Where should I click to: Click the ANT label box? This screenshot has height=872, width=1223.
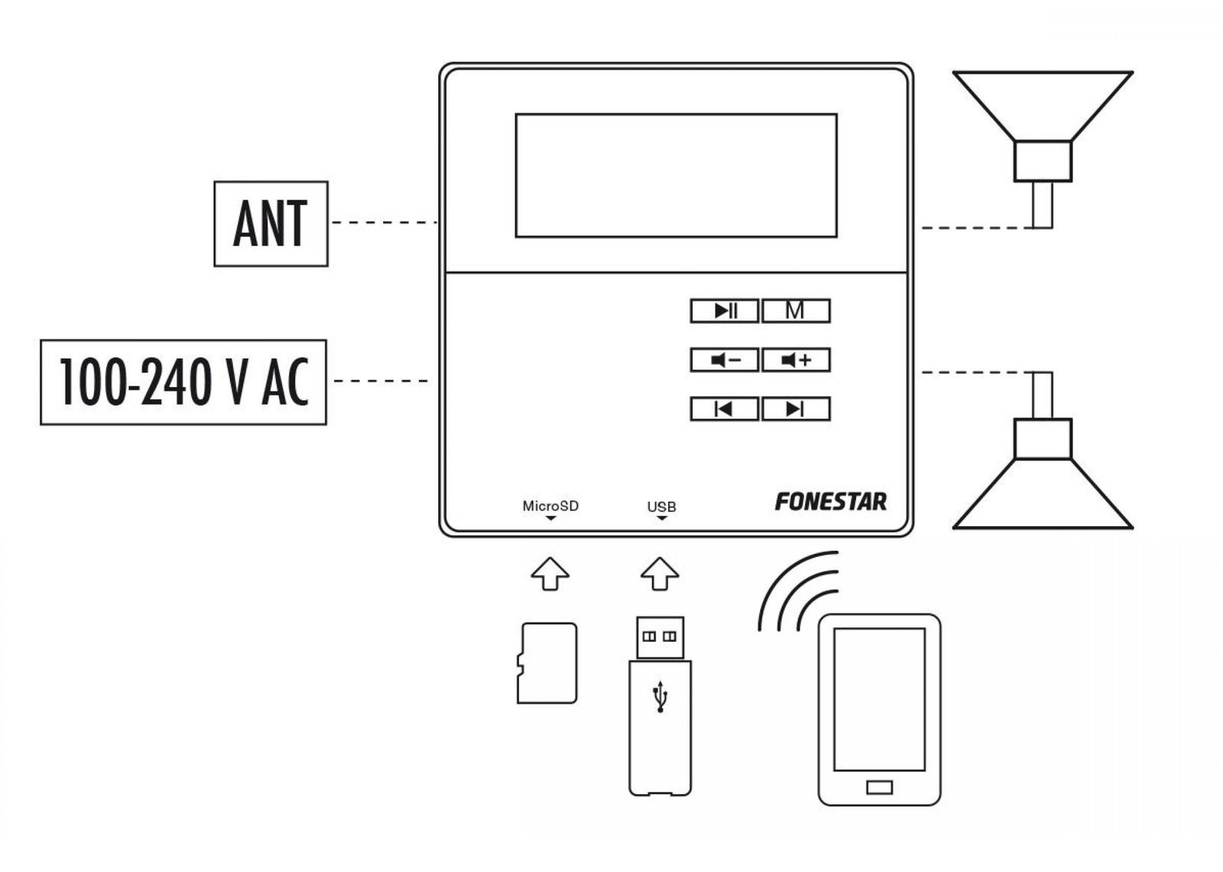click(x=271, y=224)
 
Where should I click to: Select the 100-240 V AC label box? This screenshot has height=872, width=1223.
click(x=183, y=382)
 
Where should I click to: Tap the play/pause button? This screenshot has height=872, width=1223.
click(x=725, y=311)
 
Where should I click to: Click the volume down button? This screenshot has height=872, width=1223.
click(x=725, y=360)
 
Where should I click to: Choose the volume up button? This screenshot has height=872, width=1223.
click(x=796, y=360)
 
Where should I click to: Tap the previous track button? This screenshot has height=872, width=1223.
click(x=725, y=408)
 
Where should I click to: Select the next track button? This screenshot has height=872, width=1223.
click(x=796, y=408)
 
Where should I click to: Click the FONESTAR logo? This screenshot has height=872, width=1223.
click(x=831, y=502)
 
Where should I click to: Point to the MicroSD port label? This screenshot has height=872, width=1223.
click(x=550, y=506)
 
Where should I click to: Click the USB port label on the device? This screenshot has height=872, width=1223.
click(x=662, y=507)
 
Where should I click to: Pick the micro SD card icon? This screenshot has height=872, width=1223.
click(x=547, y=662)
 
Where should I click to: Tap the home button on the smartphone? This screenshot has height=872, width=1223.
click(x=880, y=787)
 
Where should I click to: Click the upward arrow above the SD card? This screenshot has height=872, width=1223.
click(x=550, y=574)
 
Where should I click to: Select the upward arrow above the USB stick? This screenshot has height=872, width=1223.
click(x=660, y=574)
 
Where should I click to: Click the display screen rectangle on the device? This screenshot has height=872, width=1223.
click(x=676, y=175)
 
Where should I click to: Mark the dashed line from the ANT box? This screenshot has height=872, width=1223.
click(x=385, y=223)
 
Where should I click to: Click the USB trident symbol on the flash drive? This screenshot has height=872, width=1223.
click(x=660, y=697)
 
